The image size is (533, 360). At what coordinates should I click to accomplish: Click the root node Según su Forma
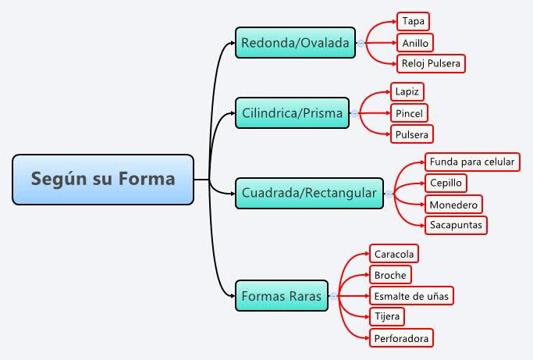[x=103, y=180]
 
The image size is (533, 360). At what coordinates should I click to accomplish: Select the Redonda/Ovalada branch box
[x=295, y=42]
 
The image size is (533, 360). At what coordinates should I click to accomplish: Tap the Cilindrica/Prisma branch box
[x=292, y=113]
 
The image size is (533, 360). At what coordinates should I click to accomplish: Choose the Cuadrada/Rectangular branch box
[x=309, y=193]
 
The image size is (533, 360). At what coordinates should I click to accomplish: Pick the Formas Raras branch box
[x=282, y=296]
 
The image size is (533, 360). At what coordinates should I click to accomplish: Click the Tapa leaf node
[x=413, y=21]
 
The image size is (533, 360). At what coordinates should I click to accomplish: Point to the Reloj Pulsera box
[x=431, y=63]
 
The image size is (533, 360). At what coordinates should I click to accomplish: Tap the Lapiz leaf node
[x=407, y=91]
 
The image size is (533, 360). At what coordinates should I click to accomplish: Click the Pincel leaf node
[x=409, y=113]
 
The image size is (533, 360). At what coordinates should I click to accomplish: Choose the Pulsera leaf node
[x=411, y=134]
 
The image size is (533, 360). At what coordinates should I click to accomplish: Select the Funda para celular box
[x=471, y=162]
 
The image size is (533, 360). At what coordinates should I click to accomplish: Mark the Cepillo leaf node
[x=446, y=183]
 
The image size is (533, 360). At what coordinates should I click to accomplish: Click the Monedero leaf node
[x=453, y=205]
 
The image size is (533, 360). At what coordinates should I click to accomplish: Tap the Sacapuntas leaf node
[x=457, y=226]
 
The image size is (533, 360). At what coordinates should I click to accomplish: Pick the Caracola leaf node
[x=394, y=254]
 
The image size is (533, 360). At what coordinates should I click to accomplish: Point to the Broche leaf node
[x=389, y=275]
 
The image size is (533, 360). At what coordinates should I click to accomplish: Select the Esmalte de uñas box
[x=410, y=296]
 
